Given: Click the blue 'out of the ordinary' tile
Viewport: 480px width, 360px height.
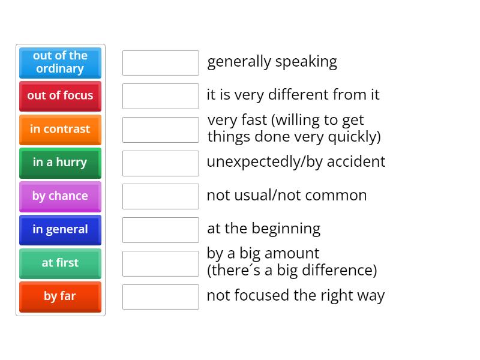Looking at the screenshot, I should tap(60, 62).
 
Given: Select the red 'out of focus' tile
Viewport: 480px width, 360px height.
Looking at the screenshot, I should tap(60, 95).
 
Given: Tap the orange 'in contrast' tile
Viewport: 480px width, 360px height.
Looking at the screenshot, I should tap(60, 129).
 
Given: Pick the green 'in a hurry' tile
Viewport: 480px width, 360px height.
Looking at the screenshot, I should tap(60, 163).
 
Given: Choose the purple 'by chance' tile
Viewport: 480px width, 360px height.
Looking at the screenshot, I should tap(60, 196).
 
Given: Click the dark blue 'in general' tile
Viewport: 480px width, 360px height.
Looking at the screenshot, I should tap(60, 230).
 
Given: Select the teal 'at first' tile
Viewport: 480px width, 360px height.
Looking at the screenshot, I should tap(60, 263).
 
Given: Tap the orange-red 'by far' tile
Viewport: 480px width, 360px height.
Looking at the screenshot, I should tap(60, 296).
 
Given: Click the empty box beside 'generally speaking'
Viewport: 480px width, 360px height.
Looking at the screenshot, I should tap(160, 62).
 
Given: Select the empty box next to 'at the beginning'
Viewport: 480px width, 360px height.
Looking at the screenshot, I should tap(160, 230).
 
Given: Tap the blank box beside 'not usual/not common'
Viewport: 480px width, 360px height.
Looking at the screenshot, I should tap(160, 196).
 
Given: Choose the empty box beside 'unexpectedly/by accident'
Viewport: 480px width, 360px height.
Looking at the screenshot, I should tap(160, 163).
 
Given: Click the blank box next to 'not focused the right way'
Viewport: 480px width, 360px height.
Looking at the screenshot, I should tap(160, 296).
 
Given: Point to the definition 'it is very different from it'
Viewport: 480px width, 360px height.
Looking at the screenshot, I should tap(293, 95).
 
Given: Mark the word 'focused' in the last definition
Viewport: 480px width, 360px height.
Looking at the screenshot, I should tap(260, 296).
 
